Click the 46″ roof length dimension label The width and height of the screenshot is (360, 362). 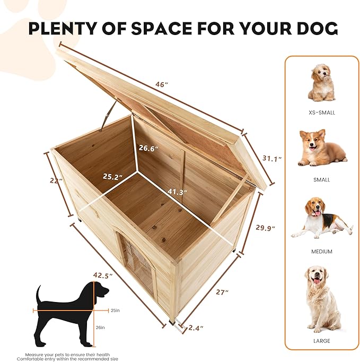[x=161, y=84]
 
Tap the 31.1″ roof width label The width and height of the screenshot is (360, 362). [x=272, y=158]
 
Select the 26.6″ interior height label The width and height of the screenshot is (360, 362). [x=148, y=148]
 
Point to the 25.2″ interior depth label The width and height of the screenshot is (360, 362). [x=112, y=177]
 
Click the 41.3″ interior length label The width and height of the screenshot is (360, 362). [x=177, y=192]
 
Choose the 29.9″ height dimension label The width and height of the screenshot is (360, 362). [x=266, y=227]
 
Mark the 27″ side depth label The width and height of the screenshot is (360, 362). [x=222, y=292]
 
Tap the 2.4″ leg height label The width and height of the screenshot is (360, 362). [x=196, y=327]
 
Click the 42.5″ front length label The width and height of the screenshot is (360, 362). [x=103, y=275]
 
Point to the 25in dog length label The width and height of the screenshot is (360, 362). [x=115, y=311]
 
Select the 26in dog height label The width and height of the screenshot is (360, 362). [x=100, y=327]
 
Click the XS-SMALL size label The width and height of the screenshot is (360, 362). [x=322, y=113]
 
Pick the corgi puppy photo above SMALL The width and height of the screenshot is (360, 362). [x=322, y=148]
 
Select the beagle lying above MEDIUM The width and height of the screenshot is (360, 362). [x=322, y=218]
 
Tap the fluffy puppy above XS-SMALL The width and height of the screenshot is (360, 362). [x=321, y=83]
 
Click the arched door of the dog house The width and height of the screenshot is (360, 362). [x=137, y=264]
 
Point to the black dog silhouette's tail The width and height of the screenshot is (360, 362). [x=39, y=294]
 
